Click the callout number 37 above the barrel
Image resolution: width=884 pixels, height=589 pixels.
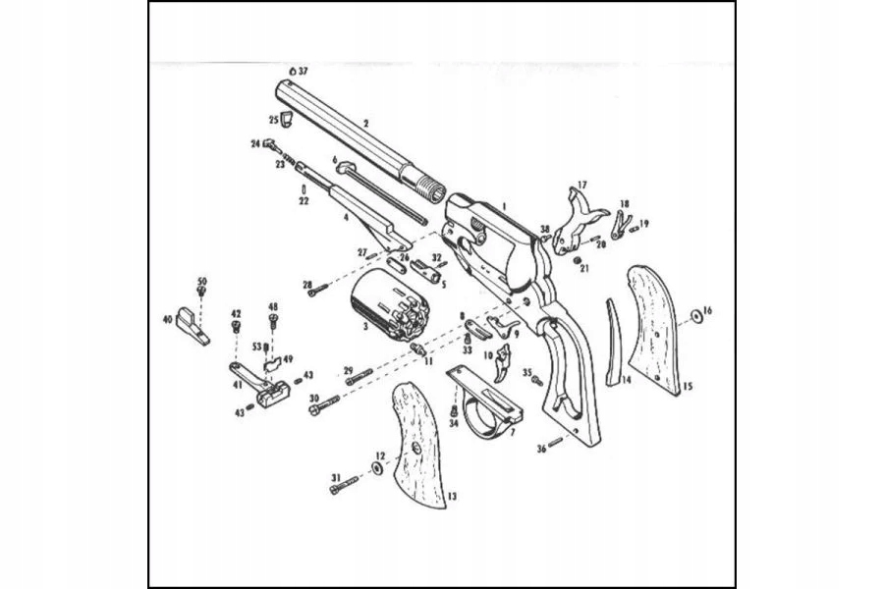point(304,72)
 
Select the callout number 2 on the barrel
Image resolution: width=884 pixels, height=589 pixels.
point(365,124)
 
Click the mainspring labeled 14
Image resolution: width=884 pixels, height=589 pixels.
point(615,344)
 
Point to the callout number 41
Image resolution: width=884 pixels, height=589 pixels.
point(238,386)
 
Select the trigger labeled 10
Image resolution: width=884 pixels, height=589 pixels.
point(505,361)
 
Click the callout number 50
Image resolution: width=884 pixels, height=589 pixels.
point(202,281)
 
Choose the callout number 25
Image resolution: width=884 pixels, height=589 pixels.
point(274,120)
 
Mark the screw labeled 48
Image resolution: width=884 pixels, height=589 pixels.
point(274,319)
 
